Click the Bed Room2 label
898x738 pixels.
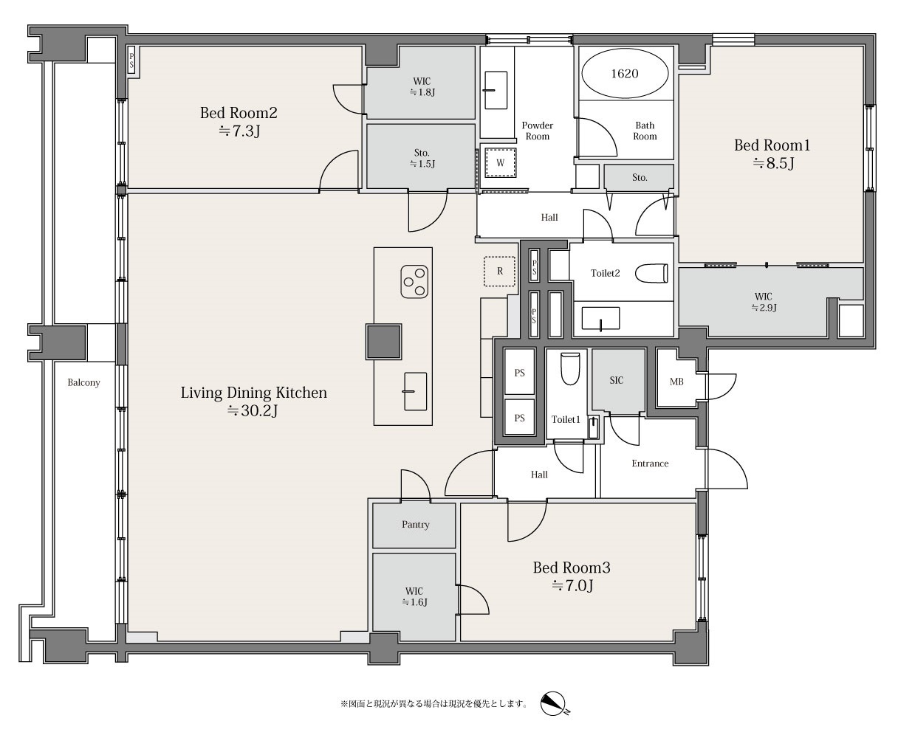pos(239,113)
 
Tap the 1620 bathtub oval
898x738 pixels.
pos(625,73)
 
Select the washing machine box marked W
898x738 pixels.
pos(500,162)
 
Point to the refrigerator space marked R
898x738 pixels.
pos(499,271)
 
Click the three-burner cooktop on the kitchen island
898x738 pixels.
pos(414,282)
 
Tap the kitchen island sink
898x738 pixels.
pos(415,391)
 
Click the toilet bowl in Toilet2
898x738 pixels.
pos(651,273)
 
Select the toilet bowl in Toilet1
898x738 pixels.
pos(569,368)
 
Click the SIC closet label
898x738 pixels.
pos(616,381)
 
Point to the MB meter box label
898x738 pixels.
pos(676,382)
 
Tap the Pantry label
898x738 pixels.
pos(415,524)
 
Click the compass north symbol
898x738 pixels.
pos(554,704)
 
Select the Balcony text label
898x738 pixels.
pos(83,382)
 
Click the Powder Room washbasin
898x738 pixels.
pos(496,90)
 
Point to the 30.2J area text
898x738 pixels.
pos(253,411)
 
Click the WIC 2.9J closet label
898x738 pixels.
pos(764,302)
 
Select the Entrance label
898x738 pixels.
pos(650,463)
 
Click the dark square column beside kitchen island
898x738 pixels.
pos(383,342)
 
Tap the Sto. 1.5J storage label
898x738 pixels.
pos(422,158)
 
